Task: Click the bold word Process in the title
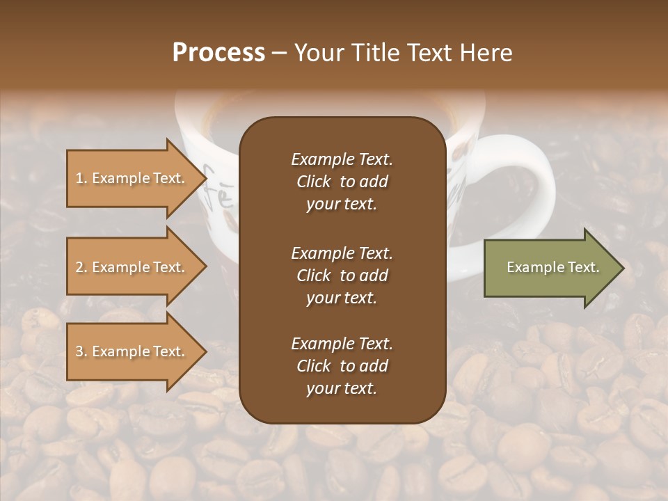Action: pos(218,53)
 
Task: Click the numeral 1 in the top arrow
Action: pos(79,178)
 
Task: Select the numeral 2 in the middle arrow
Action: pos(79,267)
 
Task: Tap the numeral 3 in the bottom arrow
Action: pos(79,351)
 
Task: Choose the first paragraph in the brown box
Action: pos(342,182)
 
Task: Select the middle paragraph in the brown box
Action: pos(342,276)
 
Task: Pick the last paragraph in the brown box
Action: pos(342,366)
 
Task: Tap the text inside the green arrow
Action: pos(552,267)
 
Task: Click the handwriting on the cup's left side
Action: pos(216,188)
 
